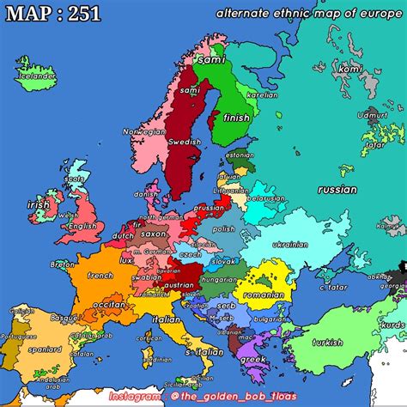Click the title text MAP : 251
51,14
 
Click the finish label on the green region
236,118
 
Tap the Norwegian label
143,132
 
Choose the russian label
337,190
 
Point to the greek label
252,360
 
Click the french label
100,276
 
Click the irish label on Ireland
39,205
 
